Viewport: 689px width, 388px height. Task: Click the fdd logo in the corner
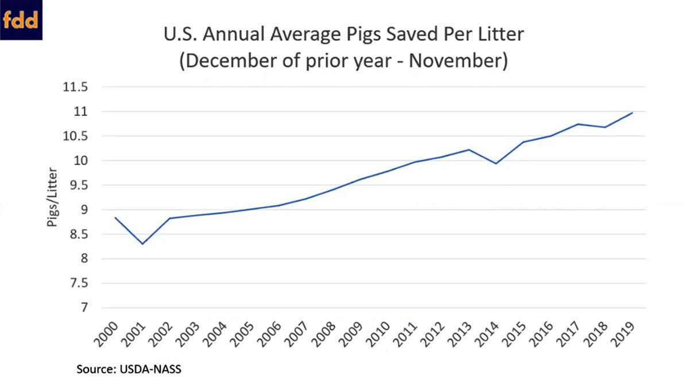pyautogui.click(x=21, y=20)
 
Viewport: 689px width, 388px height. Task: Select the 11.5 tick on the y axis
pyautogui.click(x=75, y=88)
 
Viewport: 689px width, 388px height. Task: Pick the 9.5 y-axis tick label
pyautogui.click(x=79, y=185)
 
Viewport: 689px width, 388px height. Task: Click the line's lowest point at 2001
pyautogui.click(x=142, y=244)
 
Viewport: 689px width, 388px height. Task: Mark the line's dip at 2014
pyautogui.click(x=496, y=164)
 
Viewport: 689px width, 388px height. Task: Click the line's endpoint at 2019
pyautogui.click(x=632, y=113)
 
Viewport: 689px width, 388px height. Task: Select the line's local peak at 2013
pyautogui.click(x=469, y=150)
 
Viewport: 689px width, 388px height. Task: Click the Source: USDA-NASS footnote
pyautogui.click(x=129, y=370)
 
